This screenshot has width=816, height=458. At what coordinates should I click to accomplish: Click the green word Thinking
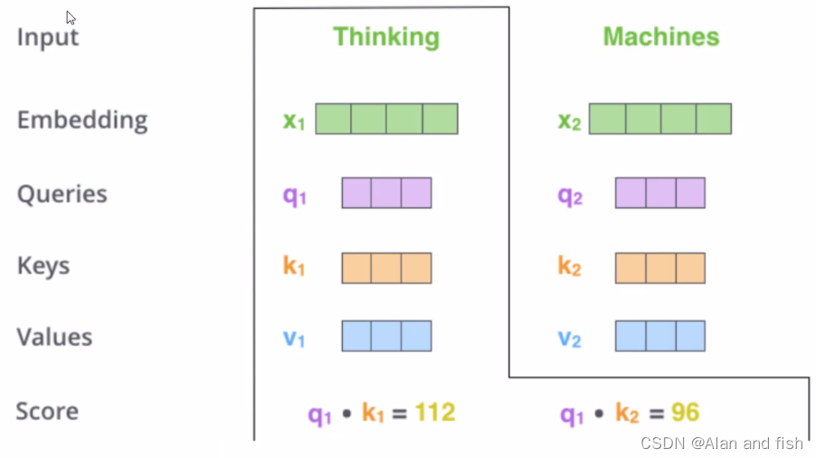pos(386,36)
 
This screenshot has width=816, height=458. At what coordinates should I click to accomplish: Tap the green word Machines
pos(660,36)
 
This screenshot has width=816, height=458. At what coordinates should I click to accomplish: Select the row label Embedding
pos(81,119)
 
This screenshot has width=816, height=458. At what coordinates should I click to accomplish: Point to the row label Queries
pos(62,194)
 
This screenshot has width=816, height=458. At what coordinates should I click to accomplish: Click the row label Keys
pos(43,265)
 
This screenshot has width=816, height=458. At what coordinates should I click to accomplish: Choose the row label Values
pos(54,337)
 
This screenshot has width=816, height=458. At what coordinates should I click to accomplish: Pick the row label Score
pos(47,411)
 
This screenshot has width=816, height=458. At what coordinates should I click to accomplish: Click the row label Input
pos(48,37)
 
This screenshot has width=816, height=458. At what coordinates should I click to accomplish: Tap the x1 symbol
pos(294,120)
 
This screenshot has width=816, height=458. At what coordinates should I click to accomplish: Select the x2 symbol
pos(569,121)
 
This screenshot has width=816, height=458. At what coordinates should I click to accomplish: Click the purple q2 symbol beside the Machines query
pos(570,196)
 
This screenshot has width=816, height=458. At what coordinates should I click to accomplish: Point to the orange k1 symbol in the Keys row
pos(294,267)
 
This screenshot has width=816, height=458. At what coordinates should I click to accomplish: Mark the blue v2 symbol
pos(569,339)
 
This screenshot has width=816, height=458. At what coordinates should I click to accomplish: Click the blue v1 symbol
pos(294,339)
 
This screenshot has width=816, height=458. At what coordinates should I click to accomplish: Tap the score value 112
pos(435,413)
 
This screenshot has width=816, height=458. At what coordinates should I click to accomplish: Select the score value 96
pos(686,413)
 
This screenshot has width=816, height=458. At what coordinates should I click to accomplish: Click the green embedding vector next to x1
pos(386,119)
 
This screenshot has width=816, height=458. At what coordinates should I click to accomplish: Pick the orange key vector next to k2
pos(659,268)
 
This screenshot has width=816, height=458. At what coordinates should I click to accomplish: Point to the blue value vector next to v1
pos(386,336)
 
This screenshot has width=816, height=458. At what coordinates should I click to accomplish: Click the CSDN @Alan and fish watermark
pos(721,443)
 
